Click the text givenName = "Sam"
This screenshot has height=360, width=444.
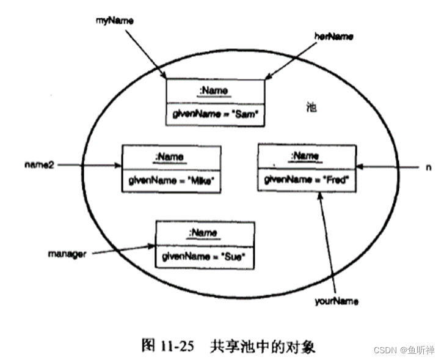tap(216, 115)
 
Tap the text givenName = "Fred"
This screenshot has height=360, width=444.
tap(306, 179)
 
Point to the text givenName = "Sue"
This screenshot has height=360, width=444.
tap(203, 257)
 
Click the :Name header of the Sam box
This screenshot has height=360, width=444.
tap(214, 91)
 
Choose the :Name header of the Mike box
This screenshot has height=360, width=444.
tap(170, 156)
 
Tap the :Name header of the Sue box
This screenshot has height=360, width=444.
tap(203, 233)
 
